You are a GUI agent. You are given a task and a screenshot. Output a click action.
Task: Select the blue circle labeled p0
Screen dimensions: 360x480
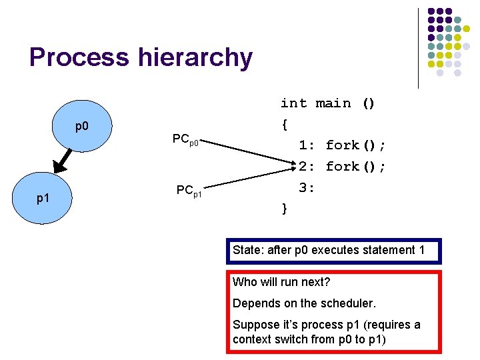[82, 127]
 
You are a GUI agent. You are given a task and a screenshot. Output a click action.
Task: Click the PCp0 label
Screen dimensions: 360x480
[185, 140]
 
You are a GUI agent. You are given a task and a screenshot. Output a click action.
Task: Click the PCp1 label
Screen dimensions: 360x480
[189, 191]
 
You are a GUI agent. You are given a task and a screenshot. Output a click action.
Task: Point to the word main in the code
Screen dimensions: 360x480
[333, 103]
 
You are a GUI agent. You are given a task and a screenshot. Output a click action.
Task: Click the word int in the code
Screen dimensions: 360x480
[293, 103]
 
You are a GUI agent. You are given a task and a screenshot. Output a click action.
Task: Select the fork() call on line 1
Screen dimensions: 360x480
[355, 145]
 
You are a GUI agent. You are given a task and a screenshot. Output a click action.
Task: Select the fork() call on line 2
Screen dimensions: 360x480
[355, 167]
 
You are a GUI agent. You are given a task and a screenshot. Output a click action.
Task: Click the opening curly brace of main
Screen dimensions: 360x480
[285, 124]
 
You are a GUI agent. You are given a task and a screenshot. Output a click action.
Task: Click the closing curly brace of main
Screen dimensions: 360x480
[285, 209]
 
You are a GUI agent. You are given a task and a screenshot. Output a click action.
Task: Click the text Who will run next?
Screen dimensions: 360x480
[281, 282]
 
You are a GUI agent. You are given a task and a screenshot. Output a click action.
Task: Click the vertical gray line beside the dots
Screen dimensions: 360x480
[419, 48]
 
